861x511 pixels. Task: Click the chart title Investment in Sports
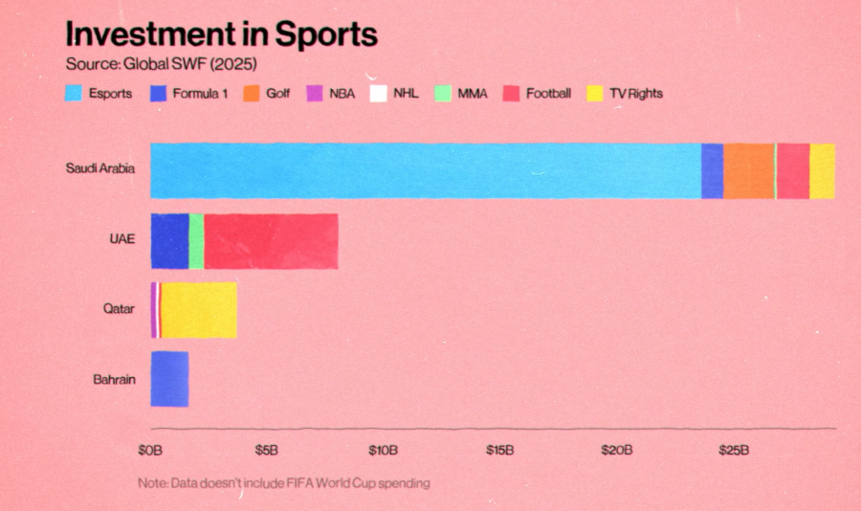[x=221, y=34]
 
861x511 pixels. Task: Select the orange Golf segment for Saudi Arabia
[x=748, y=170]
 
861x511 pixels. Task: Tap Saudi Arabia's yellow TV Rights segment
[x=822, y=170]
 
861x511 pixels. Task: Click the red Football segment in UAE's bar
[x=271, y=240]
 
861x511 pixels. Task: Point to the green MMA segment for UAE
[x=196, y=240]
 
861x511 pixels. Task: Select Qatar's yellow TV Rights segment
[x=199, y=310]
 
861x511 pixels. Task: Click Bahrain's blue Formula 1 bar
[x=169, y=379]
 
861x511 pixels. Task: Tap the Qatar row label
[x=120, y=309]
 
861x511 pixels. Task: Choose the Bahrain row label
[x=114, y=379]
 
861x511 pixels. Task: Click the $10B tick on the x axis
[x=383, y=450]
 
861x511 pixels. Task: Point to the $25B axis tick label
[x=733, y=450]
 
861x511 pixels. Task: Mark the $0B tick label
[x=150, y=450]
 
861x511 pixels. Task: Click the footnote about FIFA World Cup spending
[x=283, y=483]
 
